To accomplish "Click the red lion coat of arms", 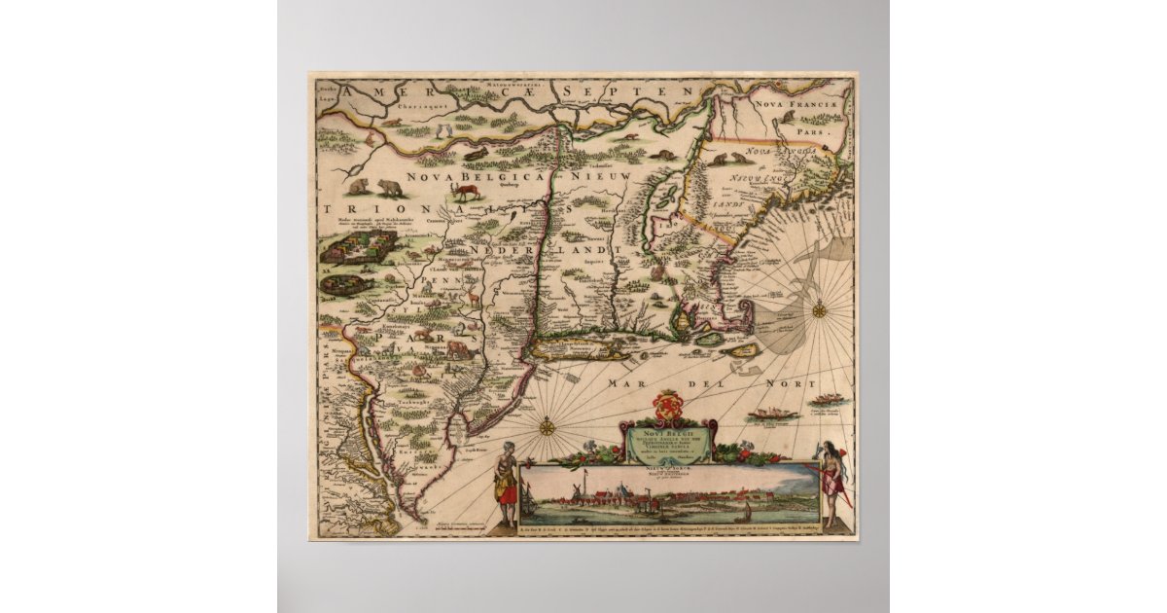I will coord(667,403).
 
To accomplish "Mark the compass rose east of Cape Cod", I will coord(819,310).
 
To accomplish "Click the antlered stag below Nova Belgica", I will coord(466,193).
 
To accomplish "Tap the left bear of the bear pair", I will coord(360,186).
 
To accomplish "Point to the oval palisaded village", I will coord(341,284).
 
